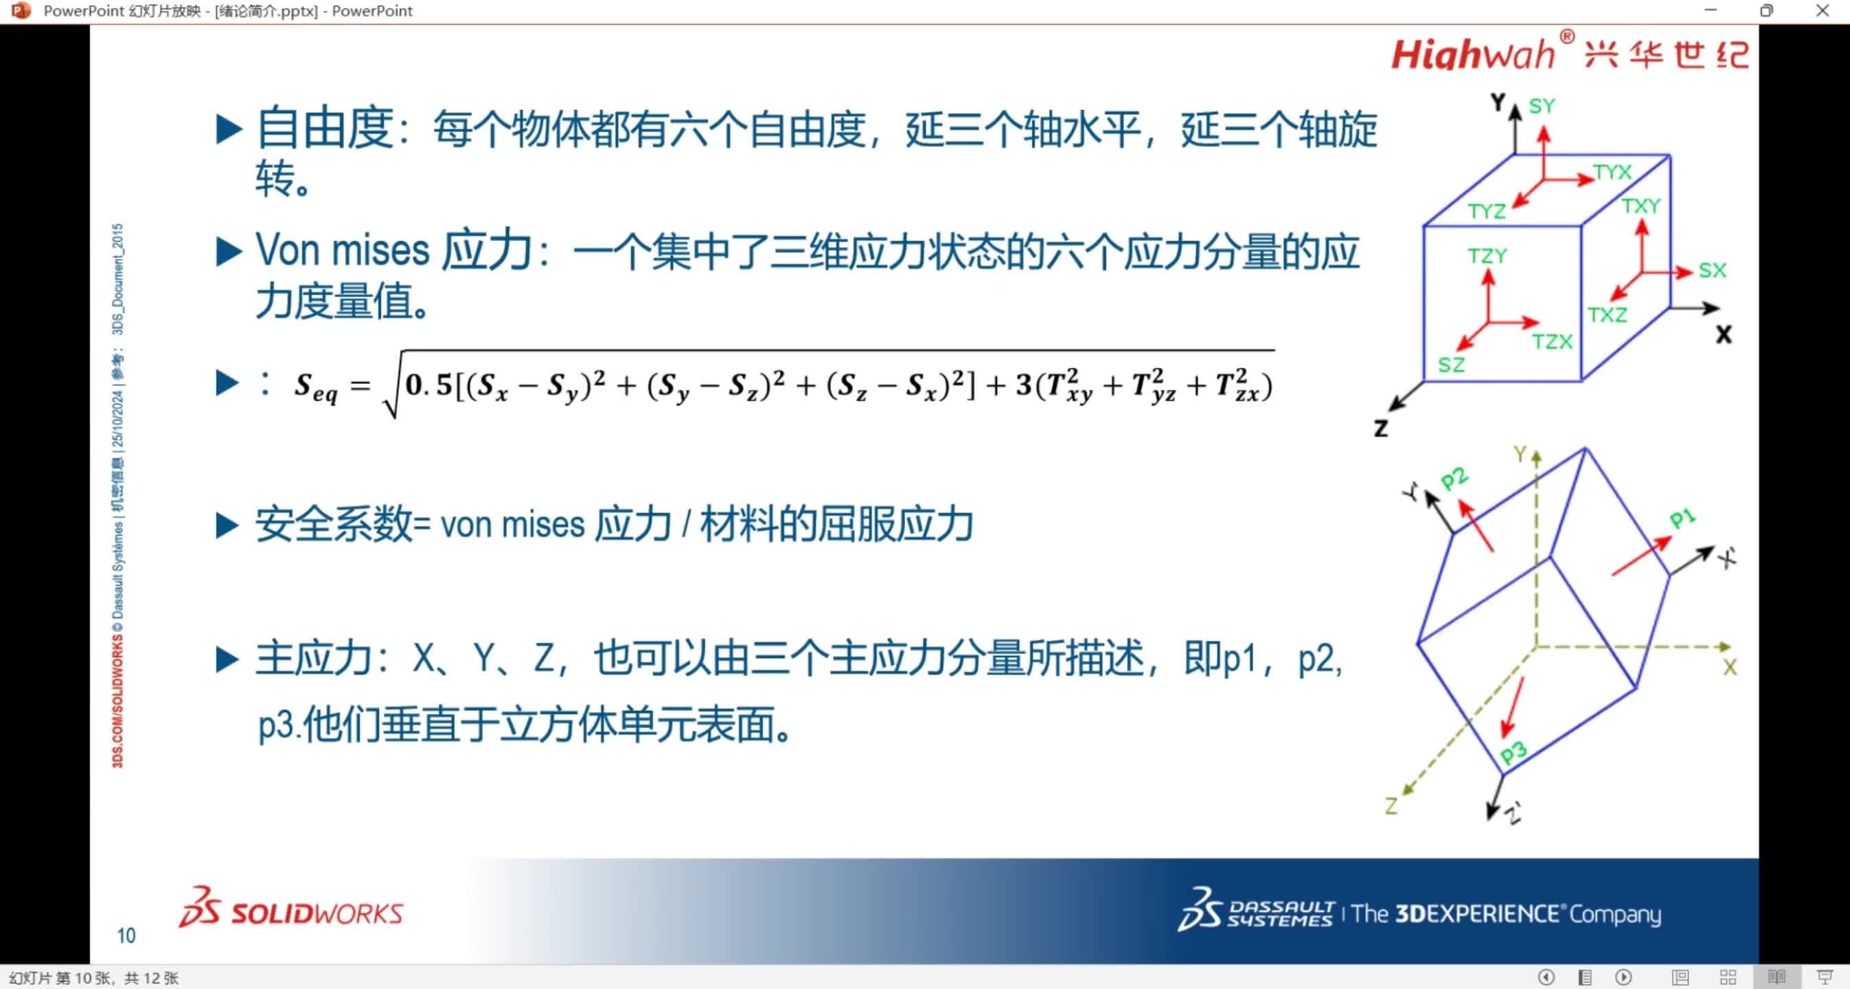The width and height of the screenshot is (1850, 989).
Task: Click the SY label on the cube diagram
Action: coord(1541,106)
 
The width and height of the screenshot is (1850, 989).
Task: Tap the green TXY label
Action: coord(1641,206)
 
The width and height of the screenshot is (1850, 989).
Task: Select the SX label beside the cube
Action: coord(1711,271)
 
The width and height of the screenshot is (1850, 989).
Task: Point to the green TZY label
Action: coord(1487,255)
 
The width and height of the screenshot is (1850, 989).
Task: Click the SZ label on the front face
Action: coord(1451,365)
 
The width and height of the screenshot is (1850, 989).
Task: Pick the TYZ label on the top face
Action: coord(1486,211)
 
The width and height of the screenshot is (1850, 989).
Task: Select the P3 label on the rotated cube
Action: coord(1514,752)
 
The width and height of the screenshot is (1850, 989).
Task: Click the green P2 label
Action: coord(1454,478)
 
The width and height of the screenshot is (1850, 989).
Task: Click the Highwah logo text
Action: coord(1472,54)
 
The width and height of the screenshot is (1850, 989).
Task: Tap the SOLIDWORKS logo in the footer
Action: coord(292,911)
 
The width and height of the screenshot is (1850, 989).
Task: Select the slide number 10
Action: coord(126,935)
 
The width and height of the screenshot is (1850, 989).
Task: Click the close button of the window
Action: coord(1823,11)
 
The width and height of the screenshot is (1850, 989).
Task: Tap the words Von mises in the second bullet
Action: coord(342,251)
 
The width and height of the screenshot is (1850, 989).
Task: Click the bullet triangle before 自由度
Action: coord(229,130)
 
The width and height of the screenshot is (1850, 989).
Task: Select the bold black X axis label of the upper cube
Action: coord(1724,334)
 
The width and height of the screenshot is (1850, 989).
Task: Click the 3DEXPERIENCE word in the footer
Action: coord(1476,913)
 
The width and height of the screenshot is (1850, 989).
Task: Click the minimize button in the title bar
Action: coord(1711,11)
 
